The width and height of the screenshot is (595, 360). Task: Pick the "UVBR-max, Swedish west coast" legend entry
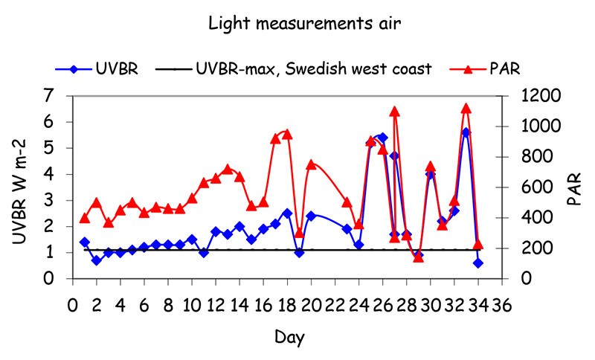pyautogui.click(x=313, y=69)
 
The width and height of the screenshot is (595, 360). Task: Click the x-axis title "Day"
pyautogui.click(x=289, y=337)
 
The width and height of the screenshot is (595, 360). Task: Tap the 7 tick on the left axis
pyautogui.click(x=51, y=96)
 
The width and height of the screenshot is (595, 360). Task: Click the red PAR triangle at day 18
pyautogui.click(x=287, y=134)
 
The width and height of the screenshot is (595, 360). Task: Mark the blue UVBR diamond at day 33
pyautogui.click(x=466, y=132)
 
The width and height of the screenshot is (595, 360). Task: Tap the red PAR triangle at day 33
pyautogui.click(x=466, y=109)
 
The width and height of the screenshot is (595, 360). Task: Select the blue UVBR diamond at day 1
pyautogui.click(x=84, y=242)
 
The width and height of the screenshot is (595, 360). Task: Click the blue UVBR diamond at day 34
pyautogui.click(x=478, y=263)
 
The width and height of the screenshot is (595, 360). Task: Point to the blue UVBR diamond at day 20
pyautogui.click(x=311, y=216)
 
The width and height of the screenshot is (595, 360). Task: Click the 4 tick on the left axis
pyautogui.click(x=51, y=175)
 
